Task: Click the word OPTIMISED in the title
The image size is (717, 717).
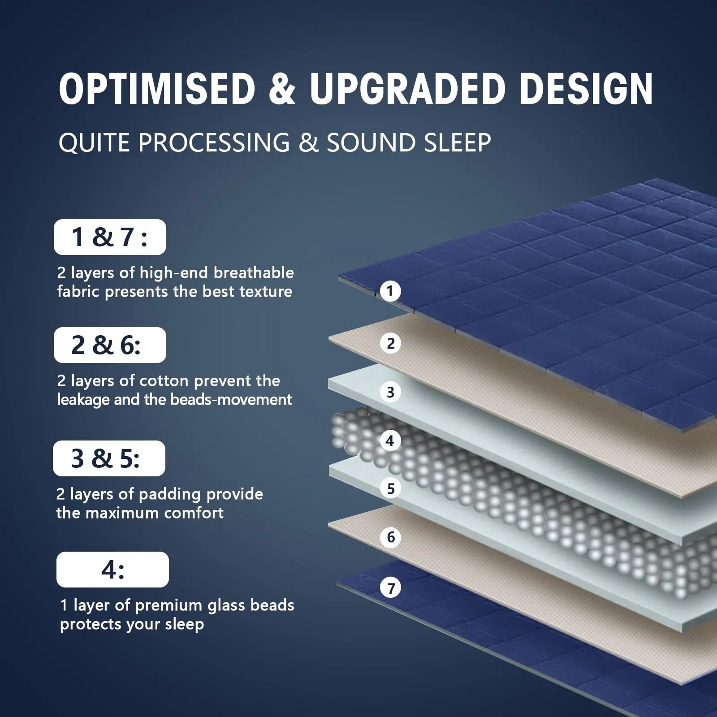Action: pyautogui.click(x=157, y=89)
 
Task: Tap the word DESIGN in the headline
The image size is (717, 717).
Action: pyautogui.click(x=586, y=89)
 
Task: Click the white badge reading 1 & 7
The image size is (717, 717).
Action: pyautogui.click(x=110, y=237)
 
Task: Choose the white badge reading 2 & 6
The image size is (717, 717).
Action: pyautogui.click(x=110, y=345)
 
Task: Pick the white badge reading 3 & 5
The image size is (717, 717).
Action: pyautogui.click(x=109, y=458)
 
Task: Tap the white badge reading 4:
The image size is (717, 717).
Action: pyautogui.click(x=112, y=570)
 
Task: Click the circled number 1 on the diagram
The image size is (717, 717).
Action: pyautogui.click(x=390, y=291)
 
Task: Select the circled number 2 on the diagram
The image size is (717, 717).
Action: pyautogui.click(x=390, y=343)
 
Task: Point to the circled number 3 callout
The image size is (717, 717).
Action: pyautogui.click(x=390, y=392)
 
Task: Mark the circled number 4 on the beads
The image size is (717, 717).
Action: pyautogui.click(x=390, y=441)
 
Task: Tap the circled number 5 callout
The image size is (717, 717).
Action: pyautogui.click(x=390, y=488)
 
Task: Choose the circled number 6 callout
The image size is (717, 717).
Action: pyautogui.click(x=390, y=537)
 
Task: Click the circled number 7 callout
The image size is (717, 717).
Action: pyautogui.click(x=391, y=587)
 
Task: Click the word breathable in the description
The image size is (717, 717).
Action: pyautogui.click(x=253, y=272)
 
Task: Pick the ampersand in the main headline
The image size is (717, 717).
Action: pyautogui.click(x=281, y=89)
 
